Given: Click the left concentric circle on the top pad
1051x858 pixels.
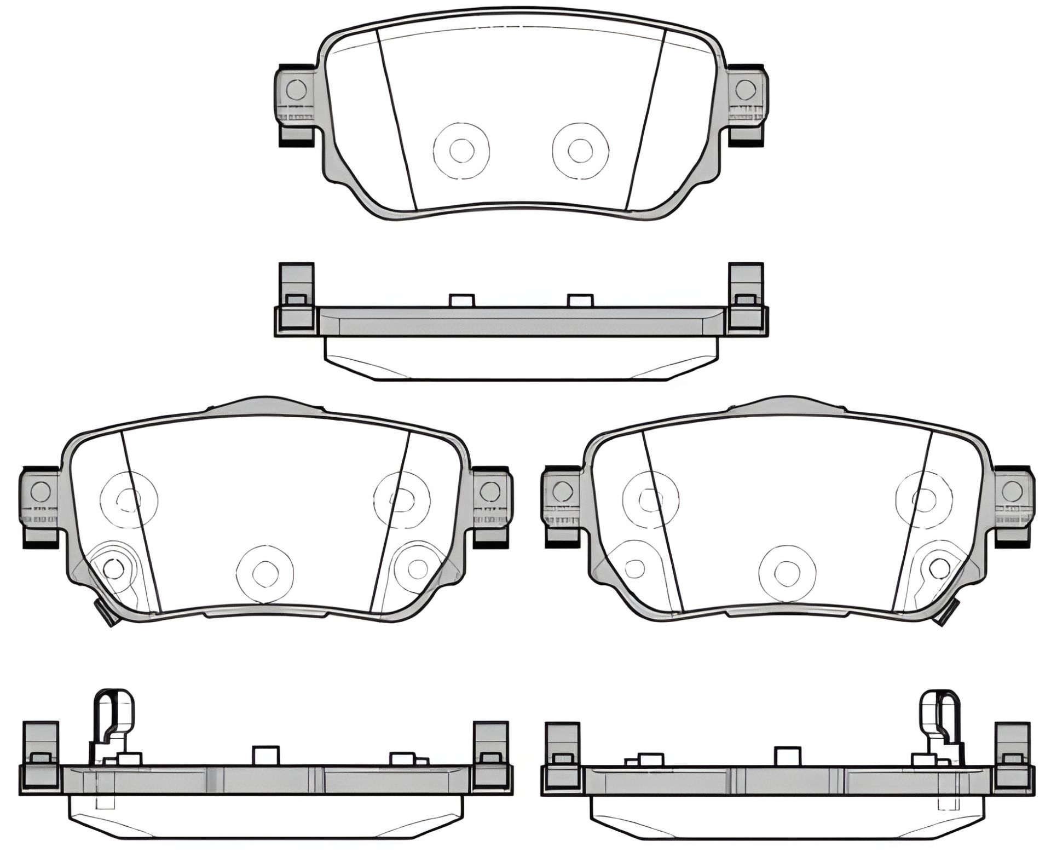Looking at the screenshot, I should (x=461, y=149).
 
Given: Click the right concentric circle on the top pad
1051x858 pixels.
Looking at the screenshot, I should (x=580, y=149).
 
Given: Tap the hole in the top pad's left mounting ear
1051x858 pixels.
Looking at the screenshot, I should (x=296, y=88).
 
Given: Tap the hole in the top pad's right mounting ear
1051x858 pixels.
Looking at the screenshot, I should (x=744, y=88).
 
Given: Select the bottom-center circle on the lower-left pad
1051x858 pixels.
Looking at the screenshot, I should (x=264, y=572).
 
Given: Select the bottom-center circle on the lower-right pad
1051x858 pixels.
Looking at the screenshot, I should (x=787, y=572).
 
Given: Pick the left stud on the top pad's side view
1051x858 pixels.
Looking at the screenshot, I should (x=461, y=300).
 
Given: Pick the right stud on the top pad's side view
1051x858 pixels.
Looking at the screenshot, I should (x=580, y=300).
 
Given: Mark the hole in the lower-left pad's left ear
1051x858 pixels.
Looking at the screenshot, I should (x=41, y=492).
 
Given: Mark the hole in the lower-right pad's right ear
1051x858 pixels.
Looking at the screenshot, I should (x=1012, y=491).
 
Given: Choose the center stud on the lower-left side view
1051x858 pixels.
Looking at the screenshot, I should (x=265, y=756).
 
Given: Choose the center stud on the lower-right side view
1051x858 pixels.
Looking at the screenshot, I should (x=788, y=756).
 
